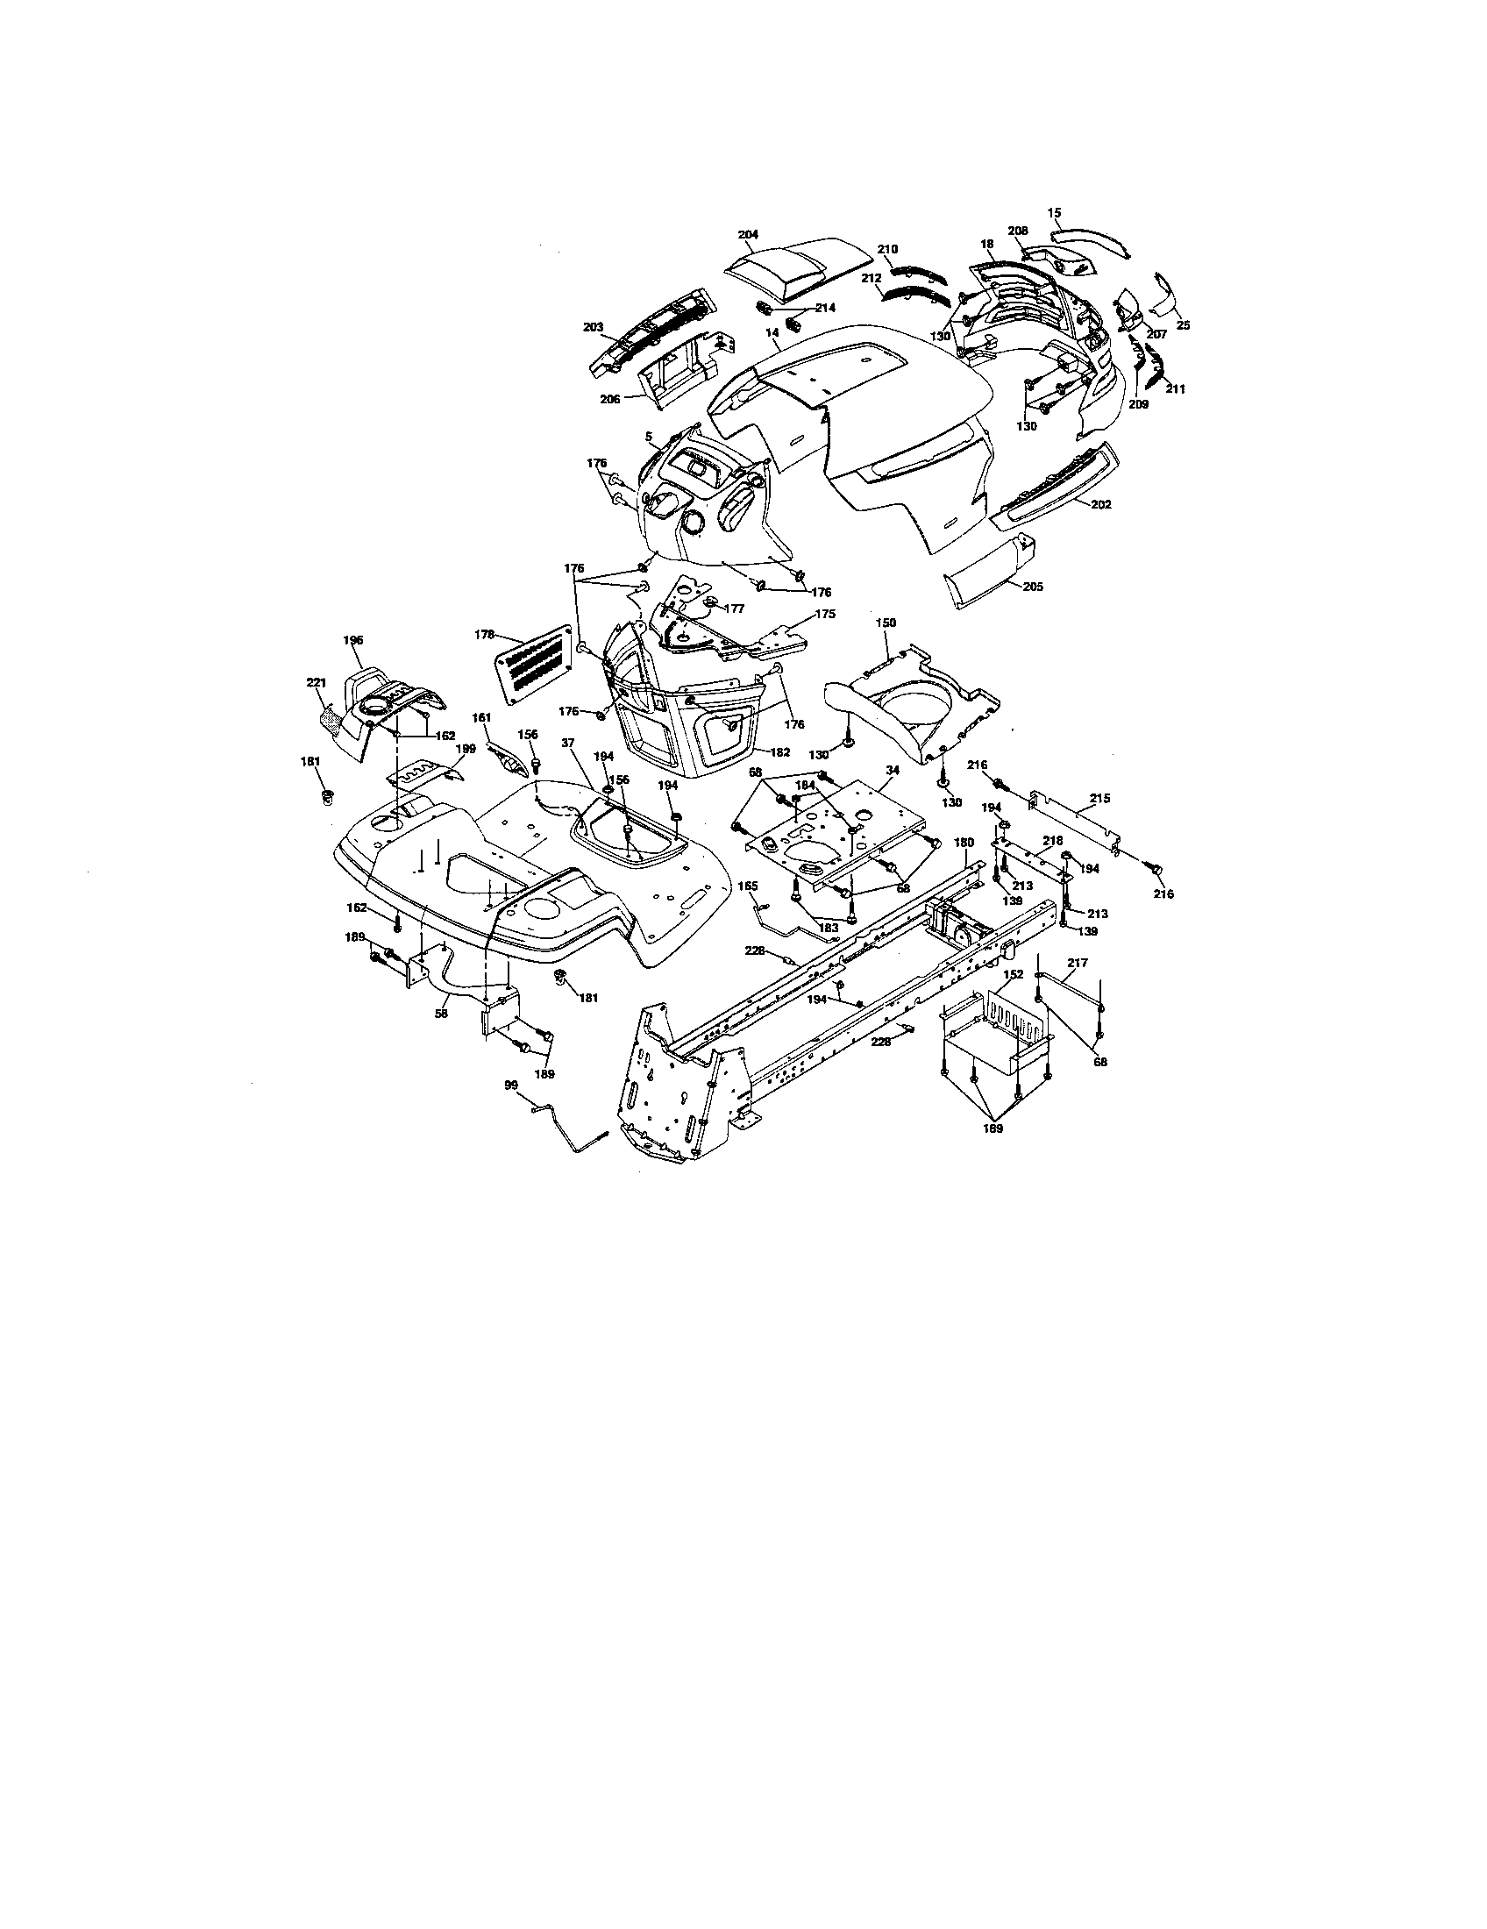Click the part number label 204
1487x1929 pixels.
pyautogui.click(x=748, y=234)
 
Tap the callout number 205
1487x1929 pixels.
pyautogui.click(x=1032, y=587)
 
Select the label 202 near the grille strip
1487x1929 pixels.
pyautogui.click(x=1101, y=505)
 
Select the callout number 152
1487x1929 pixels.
pyautogui.click(x=1013, y=974)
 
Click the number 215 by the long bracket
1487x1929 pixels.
pyautogui.click(x=1099, y=799)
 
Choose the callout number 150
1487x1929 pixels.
pyautogui.click(x=886, y=623)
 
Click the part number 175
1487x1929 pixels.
pyautogui.click(x=825, y=614)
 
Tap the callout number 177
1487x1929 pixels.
pyautogui.click(x=734, y=609)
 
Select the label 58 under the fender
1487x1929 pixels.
pyautogui.click(x=442, y=1014)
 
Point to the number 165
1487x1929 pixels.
pyautogui.click(x=748, y=886)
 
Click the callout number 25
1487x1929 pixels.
pyautogui.click(x=1184, y=325)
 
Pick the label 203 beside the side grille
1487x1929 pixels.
pyautogui.click(x=594, y=327)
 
